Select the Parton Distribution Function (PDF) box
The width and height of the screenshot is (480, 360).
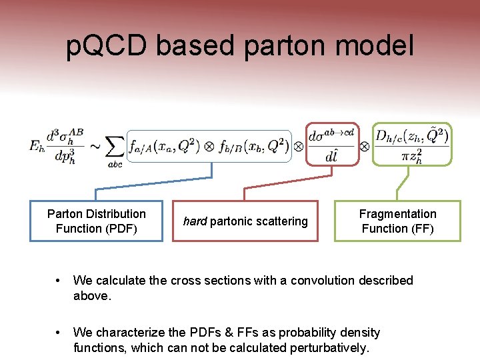coord(96,221)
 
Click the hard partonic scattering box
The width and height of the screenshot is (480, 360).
coord(245,221)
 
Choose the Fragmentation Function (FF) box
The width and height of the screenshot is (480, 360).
coord(397,221)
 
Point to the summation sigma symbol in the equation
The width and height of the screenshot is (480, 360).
coord(115,145)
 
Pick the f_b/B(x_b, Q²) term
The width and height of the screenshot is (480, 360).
coord(250,145)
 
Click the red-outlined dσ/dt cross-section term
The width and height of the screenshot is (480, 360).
coord(331,144)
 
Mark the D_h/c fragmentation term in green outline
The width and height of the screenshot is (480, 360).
coord(412,144)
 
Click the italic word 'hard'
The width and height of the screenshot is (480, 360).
coord(195,221)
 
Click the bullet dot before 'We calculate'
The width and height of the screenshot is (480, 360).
coord(61,281)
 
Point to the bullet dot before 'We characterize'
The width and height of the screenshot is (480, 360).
coord(61,333)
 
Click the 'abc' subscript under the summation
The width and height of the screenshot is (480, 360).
coord(115,165)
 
